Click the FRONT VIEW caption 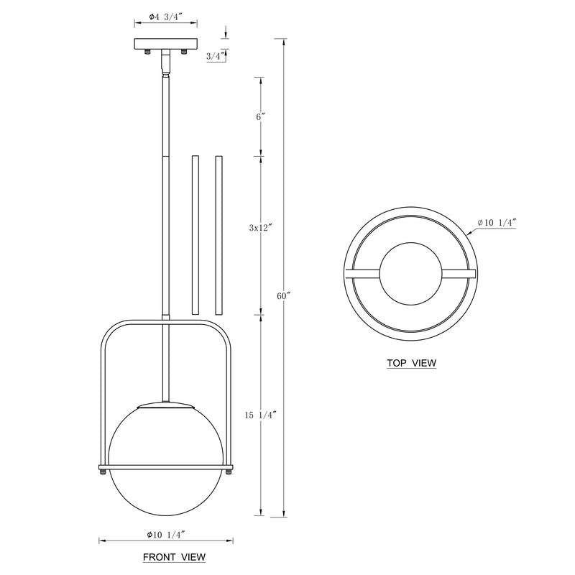click(174, 557)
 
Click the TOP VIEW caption click(411, 363)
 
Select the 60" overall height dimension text click(283, 296)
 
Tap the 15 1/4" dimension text click(260, 415)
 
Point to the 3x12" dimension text click(261, 227)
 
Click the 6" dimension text click(261, 116)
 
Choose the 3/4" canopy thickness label click(215, 56)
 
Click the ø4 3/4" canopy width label click(166, 17)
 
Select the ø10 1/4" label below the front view click(165, 535)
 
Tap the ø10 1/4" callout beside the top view click(497, 222)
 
